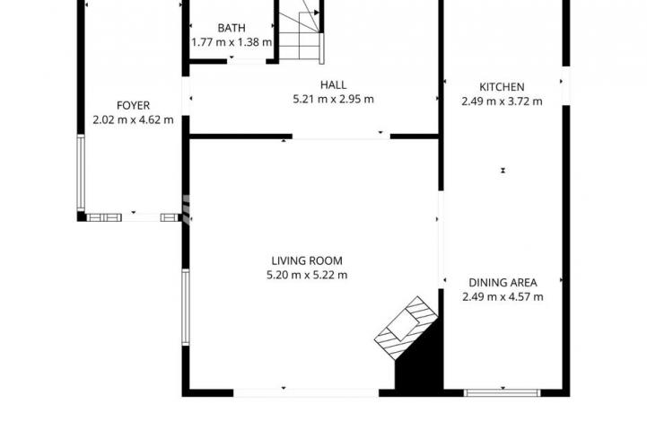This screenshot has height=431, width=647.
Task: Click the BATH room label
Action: tap(232, 28)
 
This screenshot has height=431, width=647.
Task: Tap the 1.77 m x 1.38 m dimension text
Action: tap(232, 42)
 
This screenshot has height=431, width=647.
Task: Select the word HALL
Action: tap(334, 85)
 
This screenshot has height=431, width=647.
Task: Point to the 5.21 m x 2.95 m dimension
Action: tap(334, 99)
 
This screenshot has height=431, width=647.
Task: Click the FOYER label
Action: tap(134, 106)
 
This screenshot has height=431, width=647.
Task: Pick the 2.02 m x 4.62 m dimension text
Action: tap(134, 120)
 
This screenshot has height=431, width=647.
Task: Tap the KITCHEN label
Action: tap(502, 87)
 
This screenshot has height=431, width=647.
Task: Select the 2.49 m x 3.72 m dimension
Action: tap(502, 101)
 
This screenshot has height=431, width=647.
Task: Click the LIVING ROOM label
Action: tap(307, 261)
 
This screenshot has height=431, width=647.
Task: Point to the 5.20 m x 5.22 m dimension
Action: tap(307, 275)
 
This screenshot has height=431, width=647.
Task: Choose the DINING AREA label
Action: tap(503, 283)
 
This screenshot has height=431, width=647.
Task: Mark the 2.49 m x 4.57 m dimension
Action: tap(503, 297)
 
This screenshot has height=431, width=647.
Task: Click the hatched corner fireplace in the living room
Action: tap(406, 328)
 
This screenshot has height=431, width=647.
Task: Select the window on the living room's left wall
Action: tap(186, 307)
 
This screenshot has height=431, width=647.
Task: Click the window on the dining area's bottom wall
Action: tap(503, 392)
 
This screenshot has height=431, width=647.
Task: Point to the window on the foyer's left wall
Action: tap(81, 172)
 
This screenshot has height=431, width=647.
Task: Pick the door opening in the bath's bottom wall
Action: tap(247, 62)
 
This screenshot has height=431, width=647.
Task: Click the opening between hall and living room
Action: tap(341, 136)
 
